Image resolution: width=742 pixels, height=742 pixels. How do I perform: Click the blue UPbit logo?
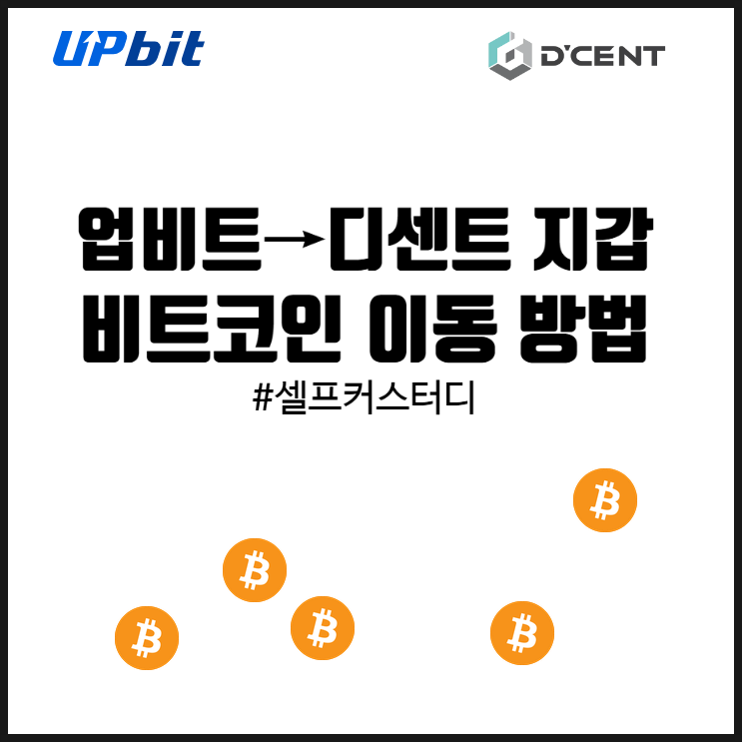pos(128,48)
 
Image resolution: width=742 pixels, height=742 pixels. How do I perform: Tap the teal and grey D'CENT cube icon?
pos(510,56)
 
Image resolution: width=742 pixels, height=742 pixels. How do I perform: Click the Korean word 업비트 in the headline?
pos(171,239)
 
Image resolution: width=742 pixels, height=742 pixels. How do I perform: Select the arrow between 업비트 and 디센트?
pos(295,240)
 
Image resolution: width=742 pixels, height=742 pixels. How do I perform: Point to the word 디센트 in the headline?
pos(419,239)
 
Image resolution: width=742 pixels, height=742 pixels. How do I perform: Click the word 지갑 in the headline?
pos(593,239)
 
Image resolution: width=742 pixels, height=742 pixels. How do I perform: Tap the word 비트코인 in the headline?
pos(212,329)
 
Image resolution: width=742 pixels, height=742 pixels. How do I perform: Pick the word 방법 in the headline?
pos(583,329)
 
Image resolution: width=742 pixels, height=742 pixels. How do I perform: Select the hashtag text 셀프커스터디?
pos(376,398)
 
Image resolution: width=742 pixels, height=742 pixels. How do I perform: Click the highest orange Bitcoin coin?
pos(605,500)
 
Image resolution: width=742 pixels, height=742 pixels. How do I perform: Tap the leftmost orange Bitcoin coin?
pos(147,638)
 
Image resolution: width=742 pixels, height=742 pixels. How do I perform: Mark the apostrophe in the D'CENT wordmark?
pos(563,50)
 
